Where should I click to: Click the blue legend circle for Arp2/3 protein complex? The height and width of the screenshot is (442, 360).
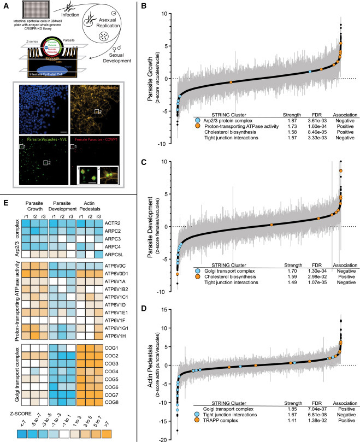coord(197,119)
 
